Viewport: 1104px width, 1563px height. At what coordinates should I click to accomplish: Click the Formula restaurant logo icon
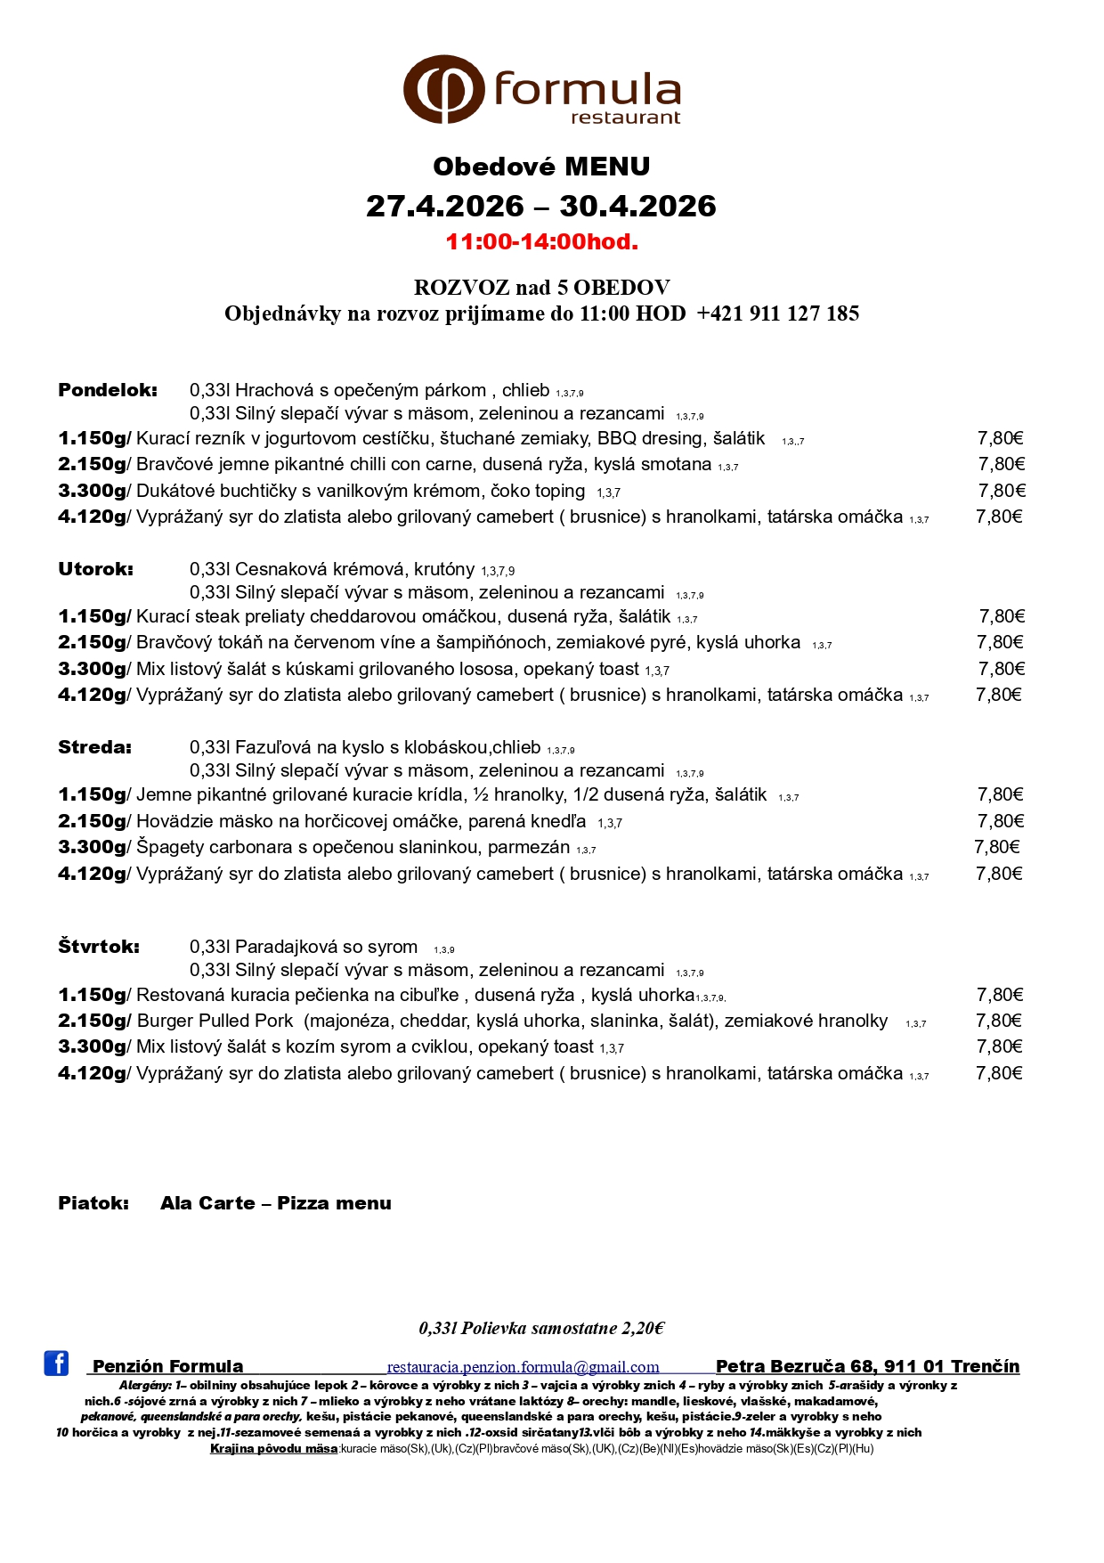[x=444, y=89]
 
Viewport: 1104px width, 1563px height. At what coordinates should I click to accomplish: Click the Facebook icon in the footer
[x=56, y=1363]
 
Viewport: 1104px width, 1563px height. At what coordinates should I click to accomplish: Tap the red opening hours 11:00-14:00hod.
[x=541, y=241]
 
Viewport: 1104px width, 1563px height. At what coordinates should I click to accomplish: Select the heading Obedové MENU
[x=541, y=167]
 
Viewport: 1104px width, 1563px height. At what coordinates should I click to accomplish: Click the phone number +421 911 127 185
[x=777, y=313]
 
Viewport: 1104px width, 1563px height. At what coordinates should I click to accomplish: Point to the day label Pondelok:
[x=107, y=390]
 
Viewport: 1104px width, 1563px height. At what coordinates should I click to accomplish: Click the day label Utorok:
[x=95, y=569]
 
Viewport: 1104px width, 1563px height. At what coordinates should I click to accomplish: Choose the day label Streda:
[x=94, y=747]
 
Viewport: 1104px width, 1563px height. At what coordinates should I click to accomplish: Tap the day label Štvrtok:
[x=98, y=947]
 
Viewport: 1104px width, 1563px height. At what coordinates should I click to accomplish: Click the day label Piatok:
[x=93, y=1203]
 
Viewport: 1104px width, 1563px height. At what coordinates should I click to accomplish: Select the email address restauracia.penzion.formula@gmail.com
[x=523, y=1367]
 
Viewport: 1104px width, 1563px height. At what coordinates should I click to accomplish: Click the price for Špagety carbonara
[x=996, y=847]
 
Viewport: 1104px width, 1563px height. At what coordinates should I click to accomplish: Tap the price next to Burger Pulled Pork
[x=999, y=1021]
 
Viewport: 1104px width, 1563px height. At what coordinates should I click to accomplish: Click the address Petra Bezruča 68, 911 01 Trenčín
[x=867, y=1366]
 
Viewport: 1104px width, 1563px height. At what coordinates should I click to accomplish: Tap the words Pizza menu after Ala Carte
[x=334, y=1203]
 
